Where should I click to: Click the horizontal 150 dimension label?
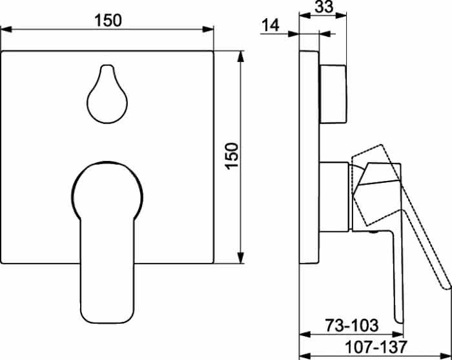coord(108,21)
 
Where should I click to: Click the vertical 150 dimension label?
coord(232,156)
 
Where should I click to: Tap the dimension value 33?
coord(324,6)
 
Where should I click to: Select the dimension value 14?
coord(271,25)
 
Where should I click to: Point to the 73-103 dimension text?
coord(352,325)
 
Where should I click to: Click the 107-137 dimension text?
coord(376,347)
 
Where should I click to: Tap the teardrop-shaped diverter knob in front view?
coord(107,94)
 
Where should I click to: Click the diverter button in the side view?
coord(333,94)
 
